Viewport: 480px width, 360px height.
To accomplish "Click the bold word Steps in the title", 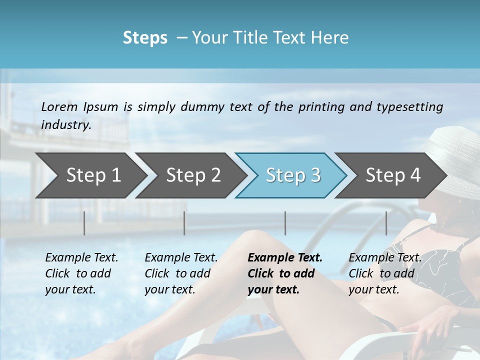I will (x=145, y=38).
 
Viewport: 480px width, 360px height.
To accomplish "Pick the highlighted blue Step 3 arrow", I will (x=293, y=175).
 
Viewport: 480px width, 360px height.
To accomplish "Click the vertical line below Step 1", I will (x=84, y=223).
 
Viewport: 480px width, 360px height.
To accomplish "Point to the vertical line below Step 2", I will (x=184, y=223).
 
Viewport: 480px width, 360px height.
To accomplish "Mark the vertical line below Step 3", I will (x=285, y=223).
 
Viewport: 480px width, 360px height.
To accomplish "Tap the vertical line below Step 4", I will (x=386, y=223).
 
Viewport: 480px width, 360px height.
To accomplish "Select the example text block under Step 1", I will (x=81, y=273).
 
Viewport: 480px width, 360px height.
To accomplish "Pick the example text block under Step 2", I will (x=181, y=273).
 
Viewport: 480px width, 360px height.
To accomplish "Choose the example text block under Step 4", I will (x=385, y=273).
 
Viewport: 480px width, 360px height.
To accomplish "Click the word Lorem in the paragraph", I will (x=59, y=106).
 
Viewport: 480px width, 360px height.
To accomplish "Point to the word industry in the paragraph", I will (x=66, y=124).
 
